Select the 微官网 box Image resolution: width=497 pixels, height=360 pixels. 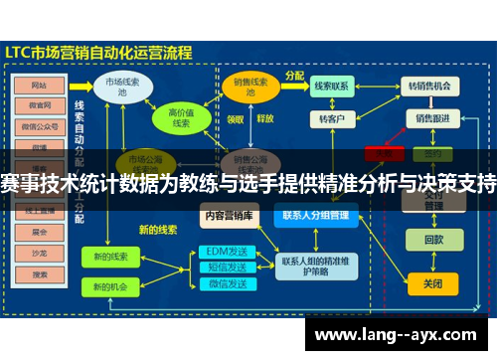(40, 104)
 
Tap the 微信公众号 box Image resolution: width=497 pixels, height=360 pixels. (40, 126)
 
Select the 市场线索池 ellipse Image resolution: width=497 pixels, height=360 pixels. (122, 88)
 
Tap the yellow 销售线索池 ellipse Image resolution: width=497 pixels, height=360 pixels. (245, 88)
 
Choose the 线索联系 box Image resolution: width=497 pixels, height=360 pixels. (331, 88)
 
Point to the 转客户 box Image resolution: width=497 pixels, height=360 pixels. (331, 118)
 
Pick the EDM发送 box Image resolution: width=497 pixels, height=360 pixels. (226, 251)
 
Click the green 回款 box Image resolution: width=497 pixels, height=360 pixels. (433, 240)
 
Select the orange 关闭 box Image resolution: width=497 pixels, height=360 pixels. (433, 283)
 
